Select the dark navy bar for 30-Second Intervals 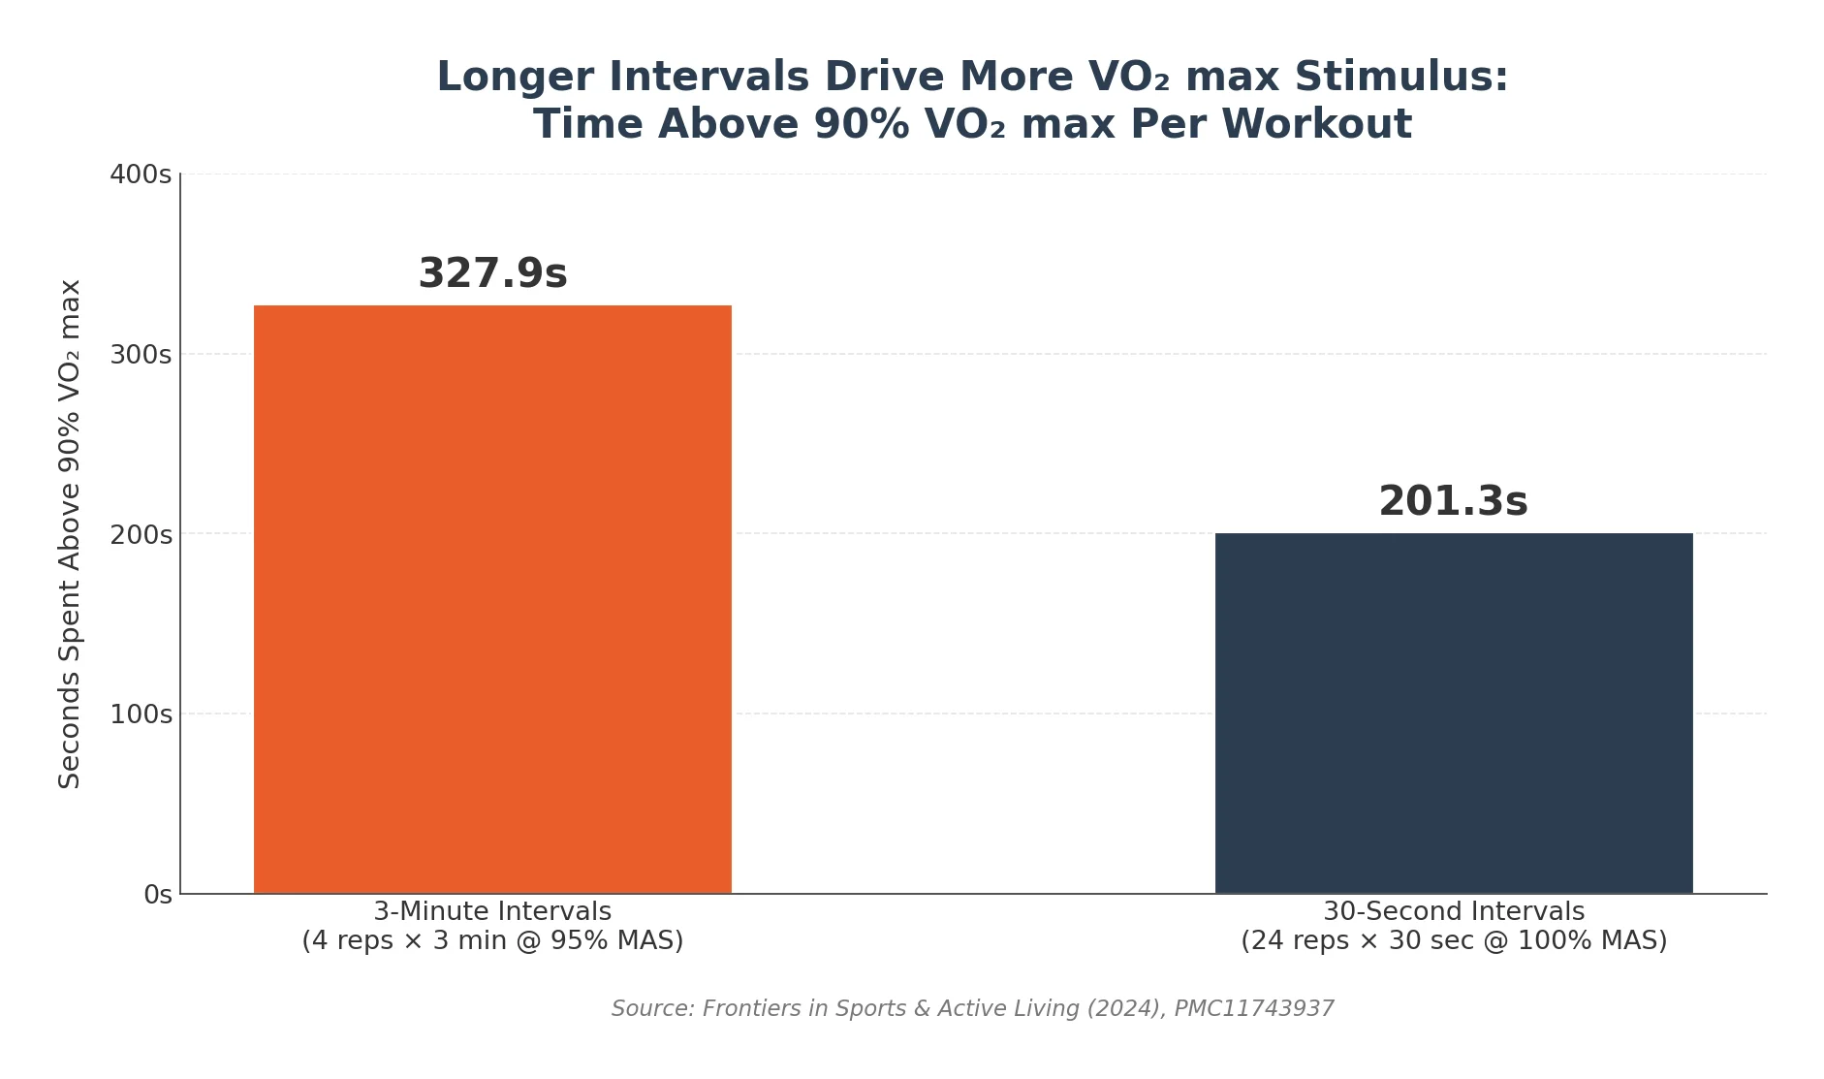click(x=1453, y=713)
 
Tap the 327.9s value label click(x=492, y=274)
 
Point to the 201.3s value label click(x=1453, y=502)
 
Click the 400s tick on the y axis click(x=141, y=175)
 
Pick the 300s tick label click(x=141, y=355)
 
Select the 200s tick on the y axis click(x=141, y=535)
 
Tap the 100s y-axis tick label click(x=141, y=715)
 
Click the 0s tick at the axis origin click(x=158, y=895)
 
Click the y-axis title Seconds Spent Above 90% click(x=70, y=533)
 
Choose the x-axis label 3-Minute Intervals click(x=492, y=912)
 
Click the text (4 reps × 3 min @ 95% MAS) click(x=492, y=941)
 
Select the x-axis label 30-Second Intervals click(x=1453, y=912)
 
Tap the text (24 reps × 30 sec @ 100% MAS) click(x=1453, y=941)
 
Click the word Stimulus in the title click(x=1401, y=78)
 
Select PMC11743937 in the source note click(x=1253, y=1009)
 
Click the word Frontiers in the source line click(x=749, y=1009)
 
